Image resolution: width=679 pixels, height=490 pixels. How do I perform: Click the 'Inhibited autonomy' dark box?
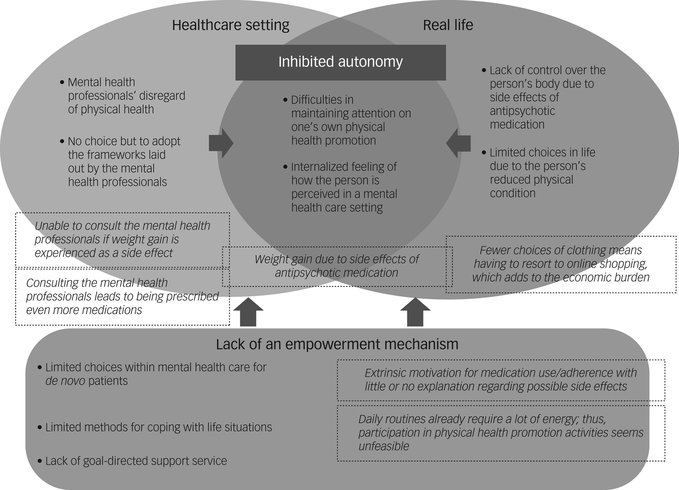[x=340, y=63]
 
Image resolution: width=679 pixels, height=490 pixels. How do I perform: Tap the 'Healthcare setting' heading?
[x=230, y=25]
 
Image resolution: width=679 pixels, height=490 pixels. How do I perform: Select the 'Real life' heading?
[x=448, y=25]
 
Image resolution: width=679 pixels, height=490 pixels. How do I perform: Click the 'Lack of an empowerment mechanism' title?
[x=337, y=345]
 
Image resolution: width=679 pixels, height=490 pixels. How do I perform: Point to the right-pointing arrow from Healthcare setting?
[x=221, y=143]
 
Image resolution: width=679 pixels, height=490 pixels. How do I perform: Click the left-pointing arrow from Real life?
[x=458, y=143]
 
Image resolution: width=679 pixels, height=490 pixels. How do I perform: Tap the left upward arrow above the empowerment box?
[x=248, y=313]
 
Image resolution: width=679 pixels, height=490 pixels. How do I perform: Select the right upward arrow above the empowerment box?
[x=415, y=313]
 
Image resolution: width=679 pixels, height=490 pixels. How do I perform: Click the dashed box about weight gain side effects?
[x=337, y=266]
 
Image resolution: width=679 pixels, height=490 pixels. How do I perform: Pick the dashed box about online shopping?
[x=561, y=264]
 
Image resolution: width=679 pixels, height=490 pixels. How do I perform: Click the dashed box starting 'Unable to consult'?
[x=122, y=239]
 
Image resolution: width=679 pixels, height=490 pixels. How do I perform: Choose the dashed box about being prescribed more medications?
[x=122, y=296]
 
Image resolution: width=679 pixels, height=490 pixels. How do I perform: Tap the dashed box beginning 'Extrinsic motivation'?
[x=501, y=380]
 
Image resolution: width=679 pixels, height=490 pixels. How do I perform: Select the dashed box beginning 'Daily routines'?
[x=501, y=433]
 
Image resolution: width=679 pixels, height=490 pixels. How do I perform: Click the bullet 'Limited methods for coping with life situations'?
[x=158, y=427]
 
